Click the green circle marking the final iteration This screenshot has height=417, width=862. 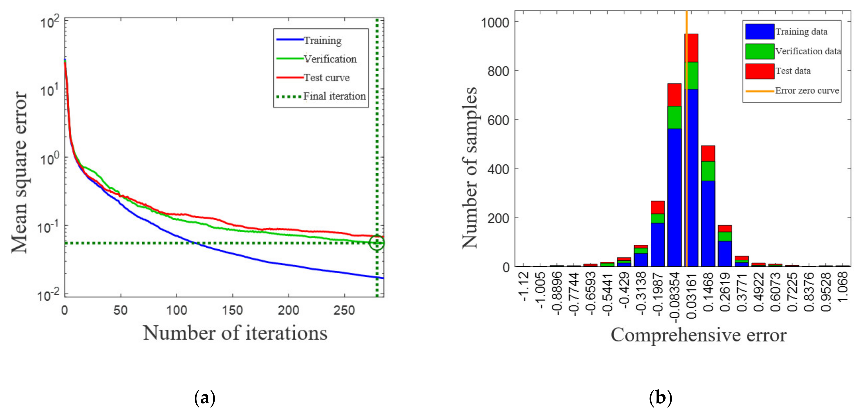pyautogui.click(x=377, y=243)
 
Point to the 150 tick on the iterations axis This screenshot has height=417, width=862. pyautogui.click(x=232, y=310)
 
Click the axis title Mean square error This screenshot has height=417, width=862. pyautogui.click(x=19, y=172)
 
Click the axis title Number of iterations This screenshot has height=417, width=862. pyautogui.click(x=235, y=333)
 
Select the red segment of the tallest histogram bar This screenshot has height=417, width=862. pyautogui.click(x=691, y=48)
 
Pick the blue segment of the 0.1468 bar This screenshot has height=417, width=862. pyautogui.click(x=708, y=223)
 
